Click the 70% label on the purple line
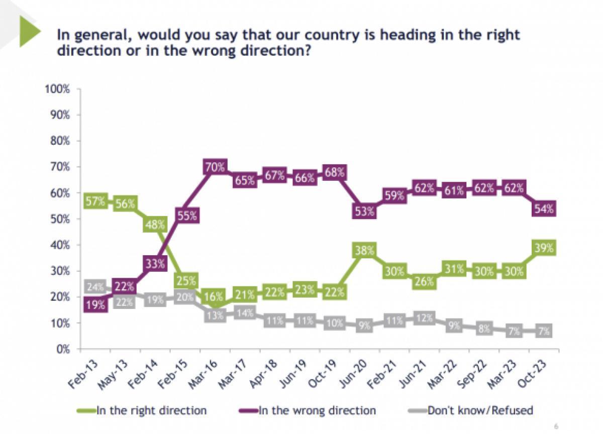tap(215, 167)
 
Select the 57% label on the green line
tap(95, 202)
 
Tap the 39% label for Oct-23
tap(544, 248)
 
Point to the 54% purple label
tap(544, 209)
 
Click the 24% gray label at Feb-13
tap(95, 288)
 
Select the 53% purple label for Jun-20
tap(364, 211)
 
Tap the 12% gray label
tap(424, 318)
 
